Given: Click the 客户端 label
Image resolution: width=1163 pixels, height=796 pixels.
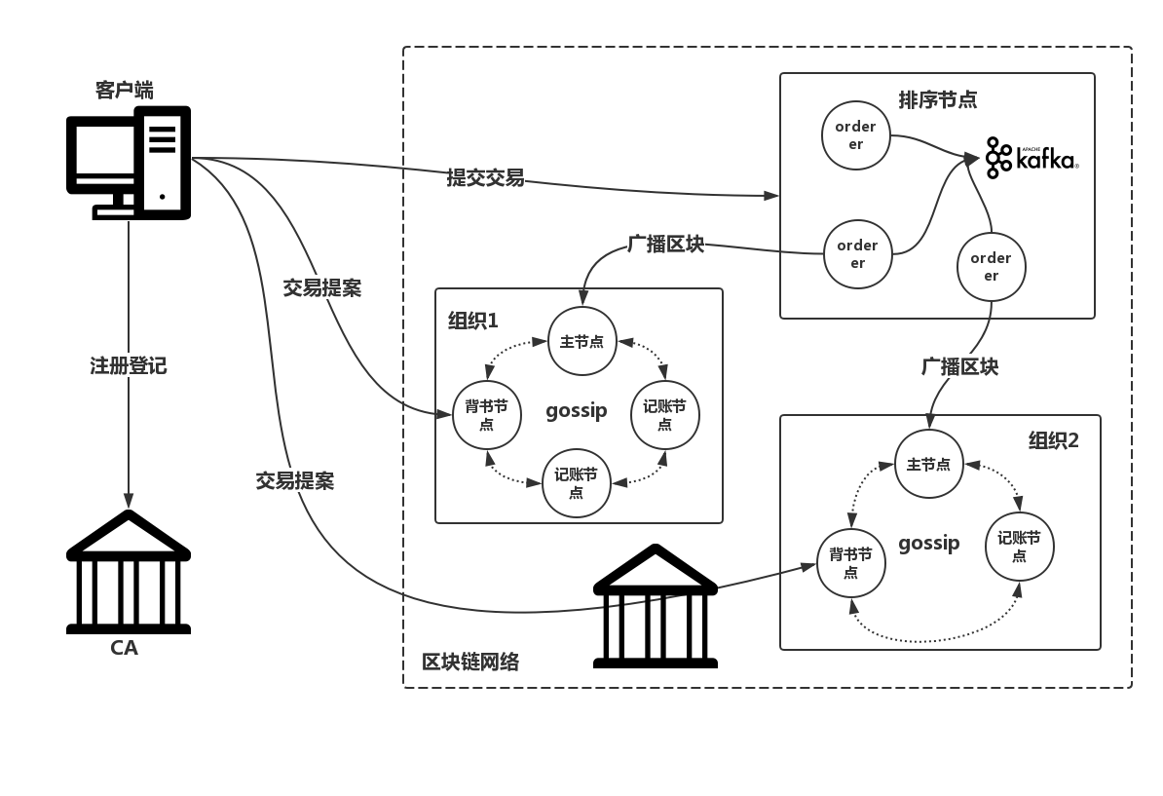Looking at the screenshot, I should tap(124, 91).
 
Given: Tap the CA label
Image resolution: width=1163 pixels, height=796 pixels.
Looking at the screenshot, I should tap(124, 648).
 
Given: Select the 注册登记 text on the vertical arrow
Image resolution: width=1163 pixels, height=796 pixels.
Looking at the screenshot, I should tap(129, 365).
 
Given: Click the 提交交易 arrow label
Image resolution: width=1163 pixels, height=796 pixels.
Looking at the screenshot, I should tap(485, 177).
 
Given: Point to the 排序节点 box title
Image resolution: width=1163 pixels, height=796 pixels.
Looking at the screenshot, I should tap(937, 99).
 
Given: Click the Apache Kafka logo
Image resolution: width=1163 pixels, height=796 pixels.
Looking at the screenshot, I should tap(1032, 158).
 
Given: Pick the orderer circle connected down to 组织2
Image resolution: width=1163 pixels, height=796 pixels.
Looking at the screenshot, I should tap(991, 266).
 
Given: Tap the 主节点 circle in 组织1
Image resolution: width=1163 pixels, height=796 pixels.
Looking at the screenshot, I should tap(581, 341).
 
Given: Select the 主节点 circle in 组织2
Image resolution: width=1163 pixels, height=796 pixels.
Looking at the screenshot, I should tap(928, 465).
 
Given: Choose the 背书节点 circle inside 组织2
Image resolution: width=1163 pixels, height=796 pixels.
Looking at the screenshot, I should tap(850, 563).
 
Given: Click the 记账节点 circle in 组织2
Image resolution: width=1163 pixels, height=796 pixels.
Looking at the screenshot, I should tap(1019, 547).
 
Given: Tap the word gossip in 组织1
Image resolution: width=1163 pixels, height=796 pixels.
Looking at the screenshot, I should tap(576, 410).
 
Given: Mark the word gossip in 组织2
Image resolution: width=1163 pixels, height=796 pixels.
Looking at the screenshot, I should tap(928, 543).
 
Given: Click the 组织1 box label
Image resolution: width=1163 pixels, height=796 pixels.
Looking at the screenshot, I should tap(472, 321).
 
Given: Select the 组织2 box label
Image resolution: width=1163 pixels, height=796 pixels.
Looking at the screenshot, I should tap(1053, 440).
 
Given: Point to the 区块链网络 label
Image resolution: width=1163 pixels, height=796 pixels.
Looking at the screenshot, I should tap(470, 663).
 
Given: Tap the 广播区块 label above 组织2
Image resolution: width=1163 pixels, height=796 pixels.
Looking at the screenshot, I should tap(959, 366).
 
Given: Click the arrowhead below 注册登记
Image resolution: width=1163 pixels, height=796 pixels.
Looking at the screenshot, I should tap(128, 501).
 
